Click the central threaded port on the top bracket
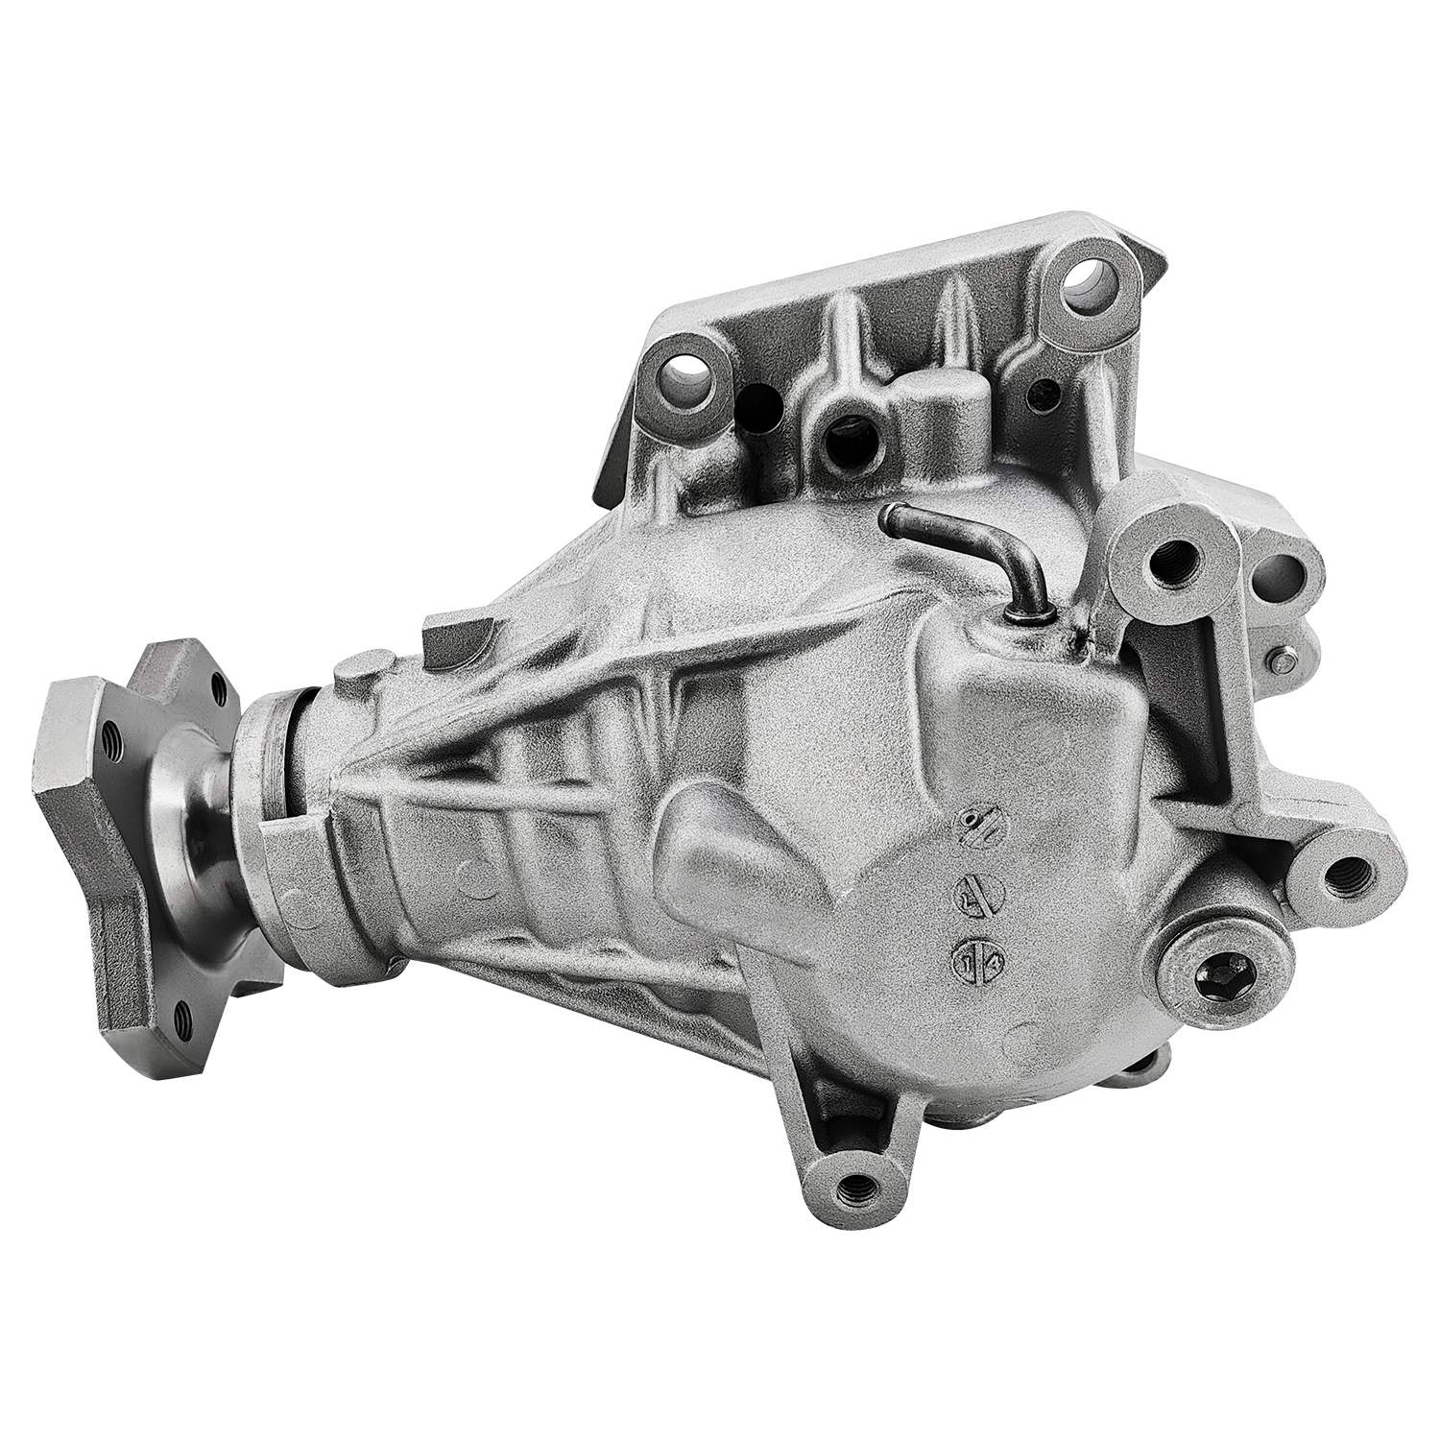click(x=844, y=434)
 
